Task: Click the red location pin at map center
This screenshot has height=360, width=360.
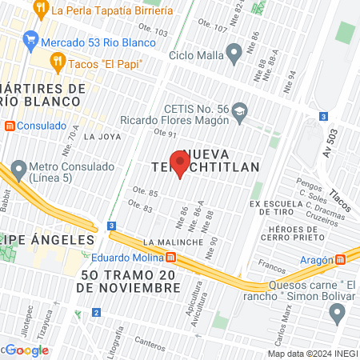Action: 180,164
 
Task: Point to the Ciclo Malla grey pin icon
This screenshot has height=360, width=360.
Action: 234,56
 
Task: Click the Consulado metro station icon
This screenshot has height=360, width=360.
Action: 9,126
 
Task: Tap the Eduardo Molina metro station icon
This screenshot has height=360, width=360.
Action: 170,258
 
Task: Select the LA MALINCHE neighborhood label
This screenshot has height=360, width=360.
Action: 170,241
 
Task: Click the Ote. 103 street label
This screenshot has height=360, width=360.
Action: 157,33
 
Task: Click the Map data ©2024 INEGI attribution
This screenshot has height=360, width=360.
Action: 312,353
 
